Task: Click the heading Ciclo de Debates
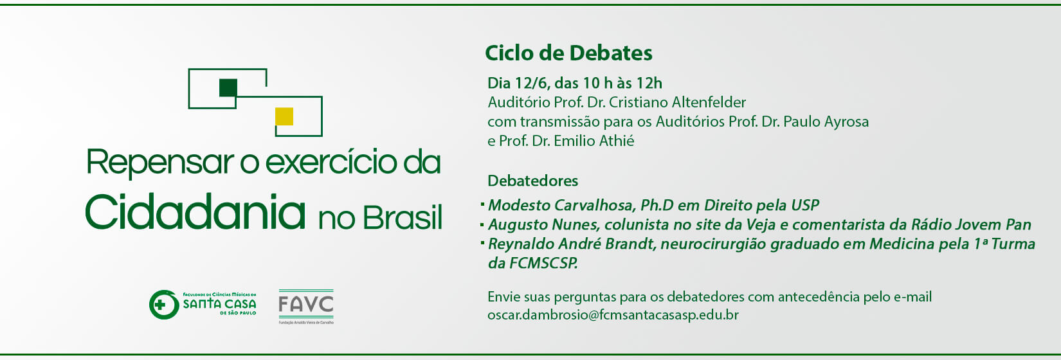click(x=568, y=53)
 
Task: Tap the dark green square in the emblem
click(x=228, y=87)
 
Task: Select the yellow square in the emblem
click(x=284, y=116)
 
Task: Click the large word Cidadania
click(x=195, y=212)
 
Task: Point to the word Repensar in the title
click(x=160, y=163)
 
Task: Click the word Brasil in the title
click(x=403, y=218)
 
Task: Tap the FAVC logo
click(x=306, y=307)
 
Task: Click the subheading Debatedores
click(x=533, y=181)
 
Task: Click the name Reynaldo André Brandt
click(x=571, y=244)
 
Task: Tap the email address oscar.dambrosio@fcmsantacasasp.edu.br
click(x=613, y=315)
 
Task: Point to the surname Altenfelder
click(x=709, y=102)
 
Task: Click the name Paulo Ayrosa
click(x=826, y=122)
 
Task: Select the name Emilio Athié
click(x=594, y=141)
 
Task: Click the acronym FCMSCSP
click(x=543, y=263)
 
